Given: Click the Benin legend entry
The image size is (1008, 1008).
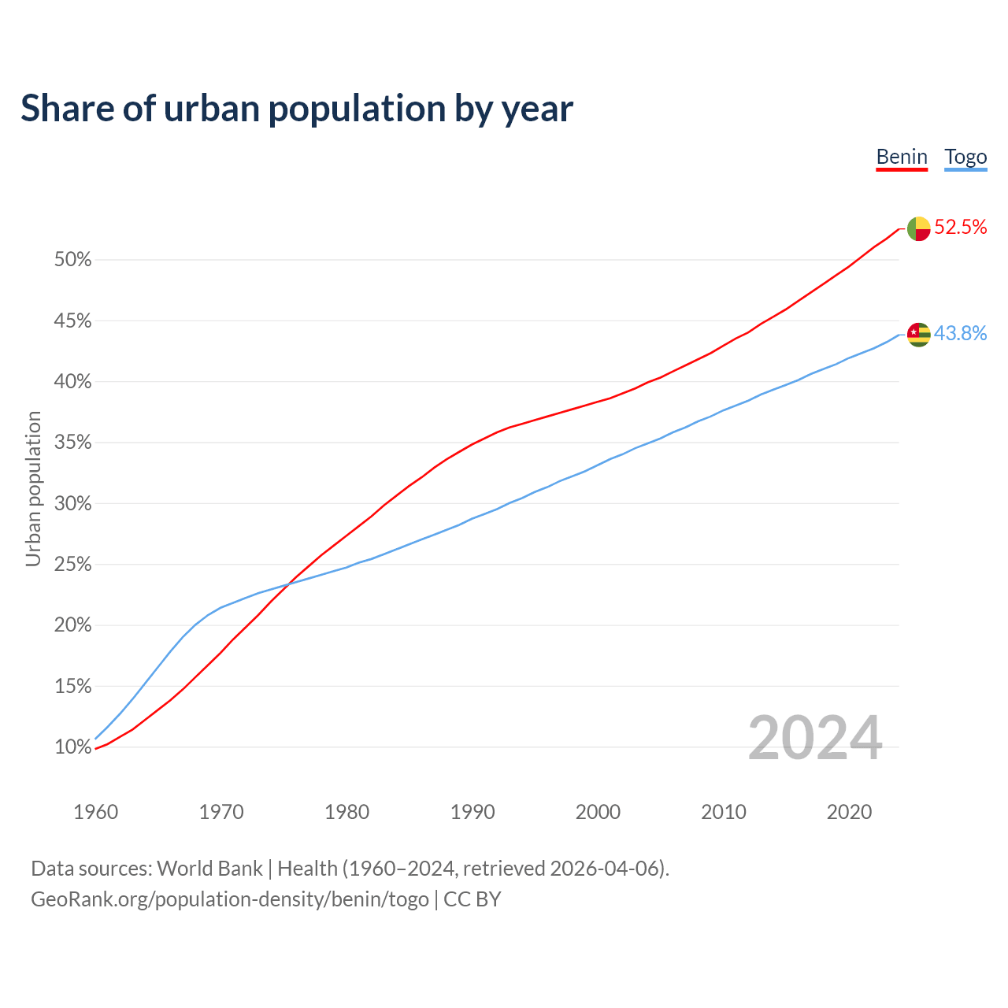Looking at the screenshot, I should point(902,157).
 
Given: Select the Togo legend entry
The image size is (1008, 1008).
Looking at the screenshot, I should point(965,157).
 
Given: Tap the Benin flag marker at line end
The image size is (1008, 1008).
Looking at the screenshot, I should point(919,228).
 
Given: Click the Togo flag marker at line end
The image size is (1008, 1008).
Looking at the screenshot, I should point(919,335).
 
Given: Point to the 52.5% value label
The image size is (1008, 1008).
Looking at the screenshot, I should point(960,228).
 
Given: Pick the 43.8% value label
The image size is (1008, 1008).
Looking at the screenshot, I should point(960,334).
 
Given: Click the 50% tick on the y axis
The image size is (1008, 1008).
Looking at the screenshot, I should point(72,260).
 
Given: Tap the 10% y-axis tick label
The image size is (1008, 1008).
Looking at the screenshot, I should point(72,747).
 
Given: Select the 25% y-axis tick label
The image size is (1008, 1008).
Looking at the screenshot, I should point(72,565).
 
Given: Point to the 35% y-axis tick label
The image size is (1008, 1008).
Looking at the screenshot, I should point(72,443).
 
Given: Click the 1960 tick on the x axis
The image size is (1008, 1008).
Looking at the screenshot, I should point(95,812).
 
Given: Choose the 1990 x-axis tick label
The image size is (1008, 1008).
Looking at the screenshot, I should point(472,812).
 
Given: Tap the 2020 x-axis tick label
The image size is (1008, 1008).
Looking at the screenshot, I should point(849,812).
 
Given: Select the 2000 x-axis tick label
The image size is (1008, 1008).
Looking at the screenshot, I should point(598,812).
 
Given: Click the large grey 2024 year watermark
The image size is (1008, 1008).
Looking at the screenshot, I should point(815,739).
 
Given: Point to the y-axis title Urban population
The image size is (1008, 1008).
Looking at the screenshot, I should point(33,488).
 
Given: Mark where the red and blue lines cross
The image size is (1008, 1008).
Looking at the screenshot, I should point(290,583).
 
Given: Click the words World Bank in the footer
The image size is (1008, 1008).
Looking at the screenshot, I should point(209,869).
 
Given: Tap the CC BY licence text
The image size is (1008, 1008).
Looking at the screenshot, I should point(472,899).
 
